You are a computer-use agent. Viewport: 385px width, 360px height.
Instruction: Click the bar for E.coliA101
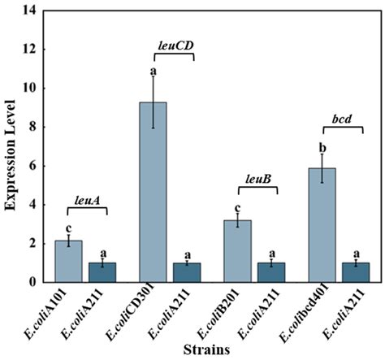68,261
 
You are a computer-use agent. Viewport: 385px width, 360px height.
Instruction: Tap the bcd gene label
341,118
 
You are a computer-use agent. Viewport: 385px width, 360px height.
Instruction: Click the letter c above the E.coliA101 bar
68,227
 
